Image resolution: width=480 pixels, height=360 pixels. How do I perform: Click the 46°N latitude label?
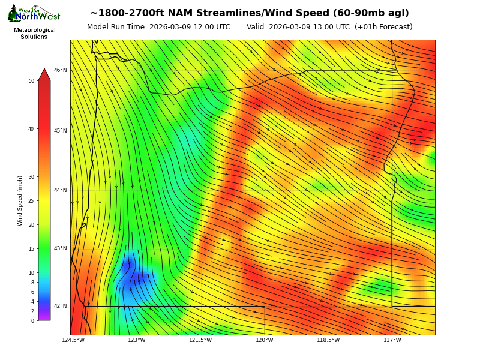(x=61, y=70)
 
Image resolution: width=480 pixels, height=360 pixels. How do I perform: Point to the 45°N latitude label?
(x=61, y=131)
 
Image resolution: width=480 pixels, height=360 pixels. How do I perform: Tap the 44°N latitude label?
(x=61, y=190)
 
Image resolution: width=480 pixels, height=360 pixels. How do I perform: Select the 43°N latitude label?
(x=61, y=248)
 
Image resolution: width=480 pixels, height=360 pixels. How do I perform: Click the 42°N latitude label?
(x=61, y=306)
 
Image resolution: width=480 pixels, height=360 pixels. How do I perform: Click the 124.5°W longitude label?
(x=73, y=340)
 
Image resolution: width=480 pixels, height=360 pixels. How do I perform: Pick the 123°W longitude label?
(x=137, y=340)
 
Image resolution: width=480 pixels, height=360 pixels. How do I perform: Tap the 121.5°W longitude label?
(x=200, y=340)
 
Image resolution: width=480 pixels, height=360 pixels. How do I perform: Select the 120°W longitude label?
(x=265, y=340)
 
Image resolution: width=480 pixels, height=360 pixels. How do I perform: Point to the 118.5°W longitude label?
(x=328, y=340)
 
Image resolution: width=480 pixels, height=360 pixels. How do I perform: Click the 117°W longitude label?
(x=392, y=340)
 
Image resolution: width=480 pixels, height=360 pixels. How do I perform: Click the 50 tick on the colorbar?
(x=31, y=81)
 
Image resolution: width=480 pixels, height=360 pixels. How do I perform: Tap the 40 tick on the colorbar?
(x=31, y=129)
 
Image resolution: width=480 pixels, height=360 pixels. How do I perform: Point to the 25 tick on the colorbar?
(x=31, y=201)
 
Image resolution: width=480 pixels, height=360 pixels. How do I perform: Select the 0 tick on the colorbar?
(x=32, y=321)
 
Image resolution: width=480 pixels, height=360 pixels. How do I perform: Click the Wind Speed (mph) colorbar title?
(x=20, y=200)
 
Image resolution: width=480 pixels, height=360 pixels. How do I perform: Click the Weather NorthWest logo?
(x=34, y=14)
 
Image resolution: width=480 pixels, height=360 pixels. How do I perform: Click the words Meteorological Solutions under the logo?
(x=34, y=34)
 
